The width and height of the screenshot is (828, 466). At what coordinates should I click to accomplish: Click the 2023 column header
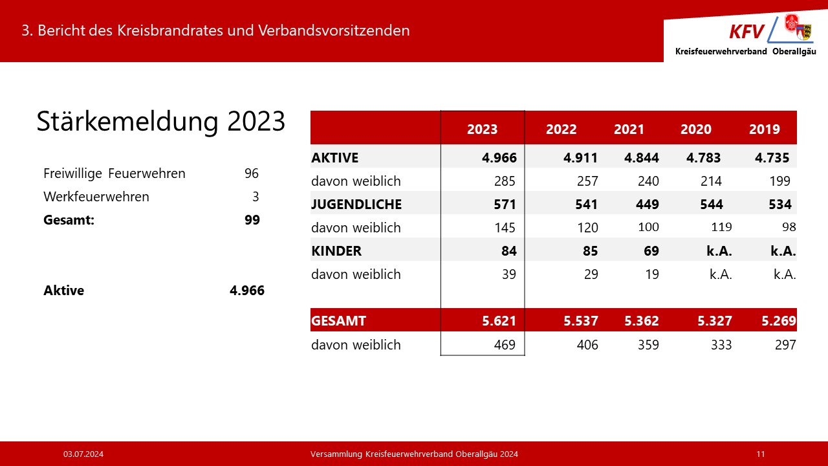(483, 129)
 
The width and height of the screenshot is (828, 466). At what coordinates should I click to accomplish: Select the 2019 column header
(765, 129)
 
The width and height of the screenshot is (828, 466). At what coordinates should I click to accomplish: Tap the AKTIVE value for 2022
(580, 157)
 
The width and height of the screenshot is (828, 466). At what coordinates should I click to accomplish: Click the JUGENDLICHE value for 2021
(643, 205)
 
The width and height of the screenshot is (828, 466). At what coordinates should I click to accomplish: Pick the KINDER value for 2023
(509, 250)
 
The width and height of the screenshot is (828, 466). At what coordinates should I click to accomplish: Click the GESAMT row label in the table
(338, 320)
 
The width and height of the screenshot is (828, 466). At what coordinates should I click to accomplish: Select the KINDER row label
(336, 250)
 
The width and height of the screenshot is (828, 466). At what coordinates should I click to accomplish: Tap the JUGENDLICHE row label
(356, 205)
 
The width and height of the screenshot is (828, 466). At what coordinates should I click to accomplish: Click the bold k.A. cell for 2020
(719, 250)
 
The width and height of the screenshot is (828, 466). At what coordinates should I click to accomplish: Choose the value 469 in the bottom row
(505, 345)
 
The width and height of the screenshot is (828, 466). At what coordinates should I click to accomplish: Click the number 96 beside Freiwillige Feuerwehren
(252, 173)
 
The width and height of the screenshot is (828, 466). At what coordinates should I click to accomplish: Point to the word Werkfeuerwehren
(96, 197)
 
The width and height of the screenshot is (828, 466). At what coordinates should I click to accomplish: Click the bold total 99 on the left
(252, 220)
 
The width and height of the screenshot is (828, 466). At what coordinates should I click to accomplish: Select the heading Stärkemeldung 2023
(160, 122)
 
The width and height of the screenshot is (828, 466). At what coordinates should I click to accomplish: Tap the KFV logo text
(746, 31)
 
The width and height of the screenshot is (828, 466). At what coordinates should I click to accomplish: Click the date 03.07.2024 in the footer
(84, 454)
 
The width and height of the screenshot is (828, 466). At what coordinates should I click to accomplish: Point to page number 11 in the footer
(760, 454)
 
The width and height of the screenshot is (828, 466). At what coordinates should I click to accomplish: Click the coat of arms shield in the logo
(803, 30)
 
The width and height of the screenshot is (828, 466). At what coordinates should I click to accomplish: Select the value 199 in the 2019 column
(780, 181)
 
